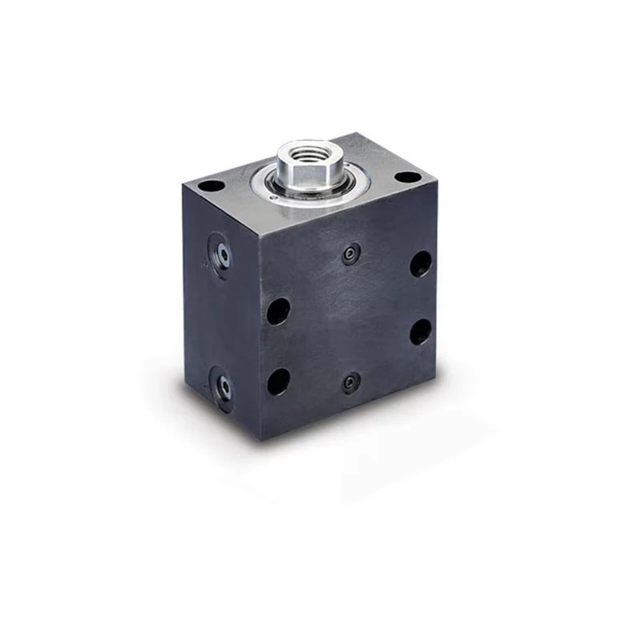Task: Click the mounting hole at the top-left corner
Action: [211, 186]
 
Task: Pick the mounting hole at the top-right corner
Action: [407, 177]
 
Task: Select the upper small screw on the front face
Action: [349, 256]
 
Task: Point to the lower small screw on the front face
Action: [349, 383]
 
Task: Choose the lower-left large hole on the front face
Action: [278, 381]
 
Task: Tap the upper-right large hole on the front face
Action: [421, 264]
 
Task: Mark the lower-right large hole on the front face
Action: [421, 331]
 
